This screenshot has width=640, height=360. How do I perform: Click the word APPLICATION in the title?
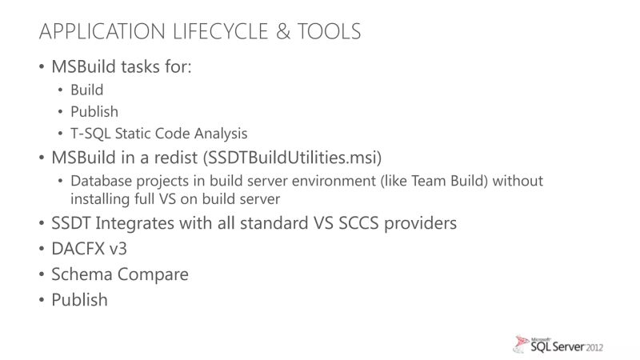coord(103,32)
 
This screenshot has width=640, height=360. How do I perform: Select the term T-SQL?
coord(90,133)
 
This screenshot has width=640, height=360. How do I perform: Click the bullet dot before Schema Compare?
coord(42,275)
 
